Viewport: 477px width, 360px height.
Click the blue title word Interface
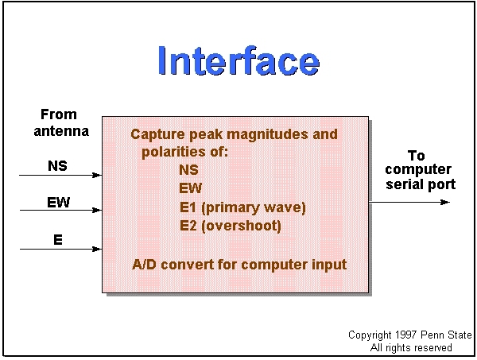point(238,60)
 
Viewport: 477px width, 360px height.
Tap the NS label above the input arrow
point(57,166)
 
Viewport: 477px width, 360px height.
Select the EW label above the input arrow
point(58,202)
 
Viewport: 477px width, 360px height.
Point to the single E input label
point(58,239)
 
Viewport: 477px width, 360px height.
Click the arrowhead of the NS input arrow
point(97,175)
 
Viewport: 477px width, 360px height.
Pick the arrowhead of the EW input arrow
point(97,210)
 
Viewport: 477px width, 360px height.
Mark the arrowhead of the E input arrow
point(97,249)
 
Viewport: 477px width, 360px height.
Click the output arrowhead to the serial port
point(445,202)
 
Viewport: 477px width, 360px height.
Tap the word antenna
point(61,131)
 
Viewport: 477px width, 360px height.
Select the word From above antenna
point(59,114)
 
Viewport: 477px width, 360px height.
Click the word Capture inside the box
point(157,134)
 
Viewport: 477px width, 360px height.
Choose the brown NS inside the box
point(188,169)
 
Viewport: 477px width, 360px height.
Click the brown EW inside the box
point(191,188)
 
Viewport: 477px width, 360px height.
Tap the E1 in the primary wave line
point(188,207)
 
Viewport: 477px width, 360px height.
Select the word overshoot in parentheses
point(241,226)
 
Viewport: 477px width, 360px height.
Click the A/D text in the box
point(144,265)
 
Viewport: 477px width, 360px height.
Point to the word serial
point(401,184)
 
